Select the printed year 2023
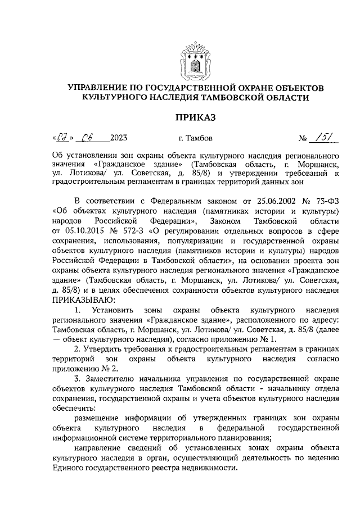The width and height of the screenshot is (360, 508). tap(119, 138)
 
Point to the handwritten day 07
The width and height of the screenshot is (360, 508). tap(63, 137)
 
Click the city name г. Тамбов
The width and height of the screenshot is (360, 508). tap(195, 138)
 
